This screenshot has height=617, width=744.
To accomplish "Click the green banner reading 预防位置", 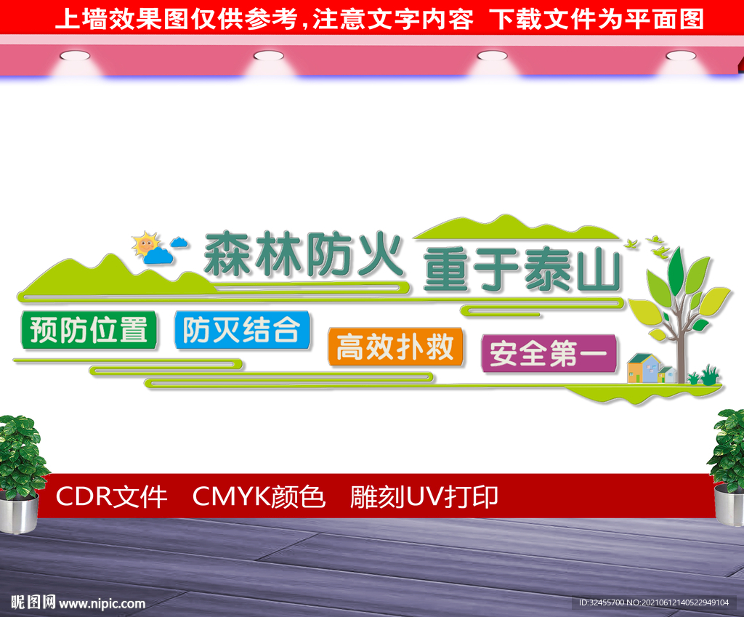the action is click(89, 331).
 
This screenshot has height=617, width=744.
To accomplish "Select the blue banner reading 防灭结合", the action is click(242, 331).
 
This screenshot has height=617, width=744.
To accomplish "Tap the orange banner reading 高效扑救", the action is click(395, 347).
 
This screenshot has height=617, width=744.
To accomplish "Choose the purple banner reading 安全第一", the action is click(549, 354).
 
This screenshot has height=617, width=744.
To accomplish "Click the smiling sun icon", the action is click(145, 244).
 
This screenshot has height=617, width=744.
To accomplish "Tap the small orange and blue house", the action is click(644, 368).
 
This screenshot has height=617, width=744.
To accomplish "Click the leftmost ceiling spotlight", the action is click(75, 56).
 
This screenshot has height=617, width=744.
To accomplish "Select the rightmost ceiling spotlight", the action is click(681, 56).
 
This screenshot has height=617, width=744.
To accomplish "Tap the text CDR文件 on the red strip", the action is click(111, 497).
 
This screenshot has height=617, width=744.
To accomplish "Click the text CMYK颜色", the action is click(259, 497).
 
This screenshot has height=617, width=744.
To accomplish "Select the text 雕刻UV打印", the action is click(424, 497).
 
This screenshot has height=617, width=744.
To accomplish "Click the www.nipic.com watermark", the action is click(102, 603).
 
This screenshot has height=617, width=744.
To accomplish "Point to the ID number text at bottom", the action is click(654, 602).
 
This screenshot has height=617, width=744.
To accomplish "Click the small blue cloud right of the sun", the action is click(179, 242).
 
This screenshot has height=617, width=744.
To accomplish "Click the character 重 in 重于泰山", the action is click(447, 270).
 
